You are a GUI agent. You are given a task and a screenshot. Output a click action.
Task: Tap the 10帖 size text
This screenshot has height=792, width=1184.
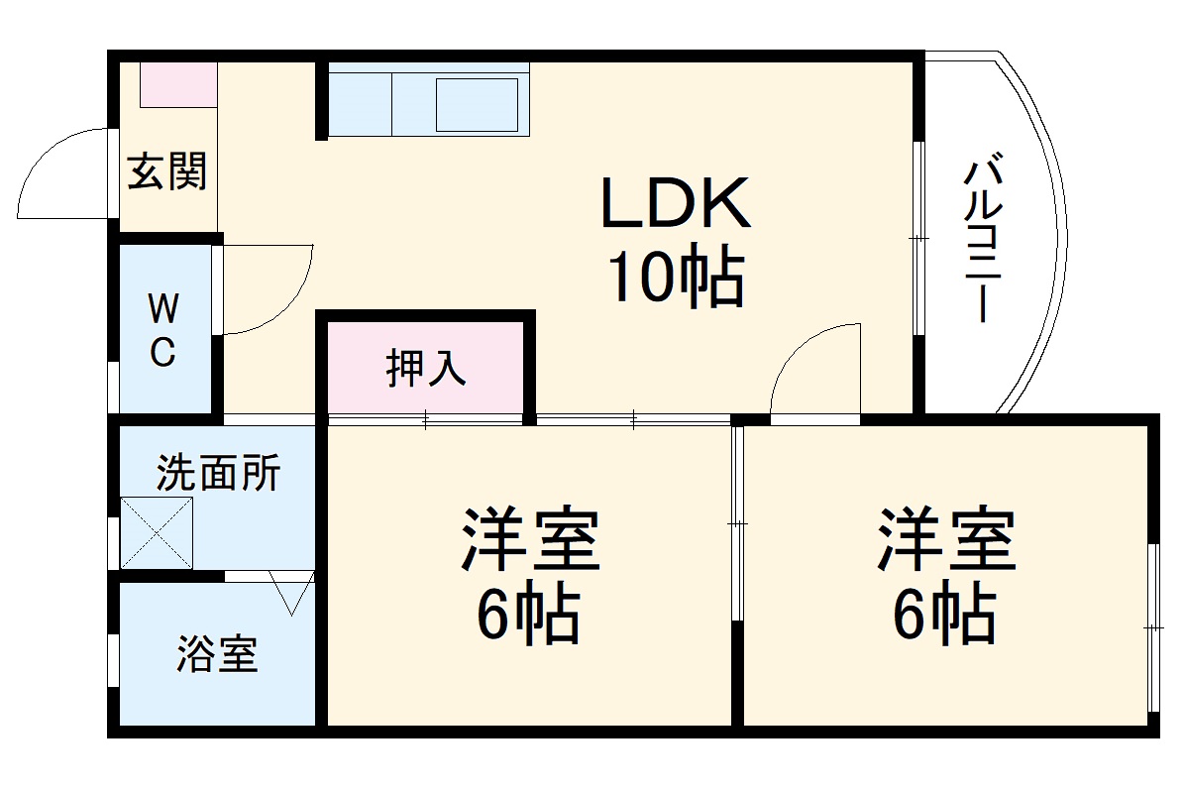[674, 279]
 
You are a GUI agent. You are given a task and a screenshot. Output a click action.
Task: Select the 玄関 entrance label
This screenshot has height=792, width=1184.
[166, 172]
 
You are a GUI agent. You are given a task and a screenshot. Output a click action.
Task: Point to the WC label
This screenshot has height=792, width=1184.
[163, 331]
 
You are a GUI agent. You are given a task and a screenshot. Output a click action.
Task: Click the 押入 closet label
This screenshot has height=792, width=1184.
[425, 369]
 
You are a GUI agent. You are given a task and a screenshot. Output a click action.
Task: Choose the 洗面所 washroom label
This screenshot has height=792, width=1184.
[218, 474]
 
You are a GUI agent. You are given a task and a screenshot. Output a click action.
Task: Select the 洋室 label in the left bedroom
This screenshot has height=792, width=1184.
[530, 539]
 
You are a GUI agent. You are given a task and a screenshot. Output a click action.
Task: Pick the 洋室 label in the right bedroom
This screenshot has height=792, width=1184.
[946, 539]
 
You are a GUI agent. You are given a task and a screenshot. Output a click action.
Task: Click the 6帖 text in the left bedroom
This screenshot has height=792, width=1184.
[528, 617]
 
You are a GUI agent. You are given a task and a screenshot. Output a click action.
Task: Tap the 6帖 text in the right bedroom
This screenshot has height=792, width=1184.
[944, 617]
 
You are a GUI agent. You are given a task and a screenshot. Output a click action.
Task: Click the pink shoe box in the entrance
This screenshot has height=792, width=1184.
[177, 85]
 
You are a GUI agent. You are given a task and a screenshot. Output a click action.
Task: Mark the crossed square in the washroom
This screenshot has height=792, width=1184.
[157, 533]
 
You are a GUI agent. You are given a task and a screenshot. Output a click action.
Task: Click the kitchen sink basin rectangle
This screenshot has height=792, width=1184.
[478, 103]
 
